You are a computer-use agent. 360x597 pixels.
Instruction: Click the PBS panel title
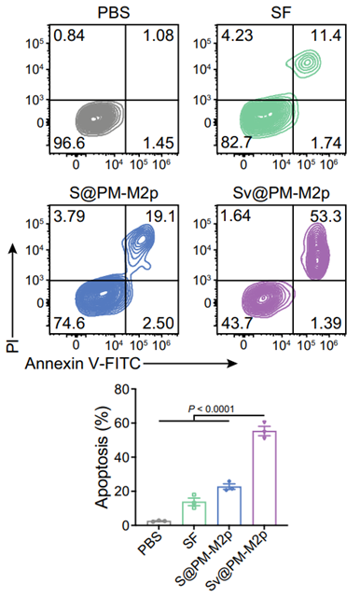(x=114, y=12)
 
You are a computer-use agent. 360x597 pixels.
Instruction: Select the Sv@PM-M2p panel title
(x=281, y=193)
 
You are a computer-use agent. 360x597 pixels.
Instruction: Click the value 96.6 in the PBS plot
(x=69, y=143)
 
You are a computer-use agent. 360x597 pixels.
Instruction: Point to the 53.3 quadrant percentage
(x=326, y=216)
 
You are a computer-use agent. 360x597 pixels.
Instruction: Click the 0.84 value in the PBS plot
(x=69, y=36)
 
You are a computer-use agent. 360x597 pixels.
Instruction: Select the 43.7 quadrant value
(x=236, y=324)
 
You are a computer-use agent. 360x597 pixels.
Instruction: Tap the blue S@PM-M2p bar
(x=229, y=506)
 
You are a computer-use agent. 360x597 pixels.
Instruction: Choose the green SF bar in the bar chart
(x=194, y=514)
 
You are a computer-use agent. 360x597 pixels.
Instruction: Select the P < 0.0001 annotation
(x=212, y=409)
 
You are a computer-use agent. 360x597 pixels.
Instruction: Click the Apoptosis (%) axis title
(x=102, y=457)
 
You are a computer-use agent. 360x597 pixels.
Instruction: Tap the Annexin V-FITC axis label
(x=83, y=364)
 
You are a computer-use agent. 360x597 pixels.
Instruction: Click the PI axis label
(x=13, y=345)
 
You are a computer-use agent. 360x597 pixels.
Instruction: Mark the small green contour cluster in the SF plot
(x=304, y=62)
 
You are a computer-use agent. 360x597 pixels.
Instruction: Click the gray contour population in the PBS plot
(x=100, y=118)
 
